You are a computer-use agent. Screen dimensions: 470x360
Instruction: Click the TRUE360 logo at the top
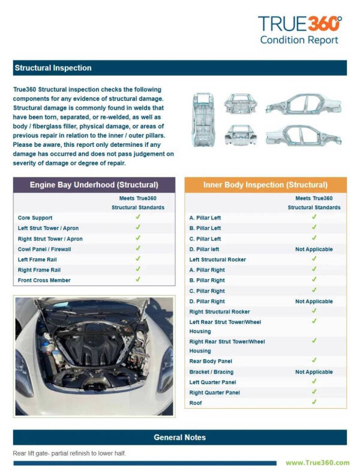299,25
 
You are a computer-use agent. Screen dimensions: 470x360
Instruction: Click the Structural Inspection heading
53,68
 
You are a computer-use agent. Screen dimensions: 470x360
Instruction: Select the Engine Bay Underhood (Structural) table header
94,185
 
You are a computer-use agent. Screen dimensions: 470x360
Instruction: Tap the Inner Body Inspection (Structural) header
265,185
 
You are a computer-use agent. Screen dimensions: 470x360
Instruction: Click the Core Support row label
35,218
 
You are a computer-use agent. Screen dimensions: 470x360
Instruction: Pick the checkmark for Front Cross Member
137,279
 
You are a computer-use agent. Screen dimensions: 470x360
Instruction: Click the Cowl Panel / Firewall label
44,249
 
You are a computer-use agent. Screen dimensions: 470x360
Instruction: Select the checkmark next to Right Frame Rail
137,269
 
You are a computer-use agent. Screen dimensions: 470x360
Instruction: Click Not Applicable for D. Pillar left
313,249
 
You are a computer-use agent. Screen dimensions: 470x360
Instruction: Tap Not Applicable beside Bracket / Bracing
313,372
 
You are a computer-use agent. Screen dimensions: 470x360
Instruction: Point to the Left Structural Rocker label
217,260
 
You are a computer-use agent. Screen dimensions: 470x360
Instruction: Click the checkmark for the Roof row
313,402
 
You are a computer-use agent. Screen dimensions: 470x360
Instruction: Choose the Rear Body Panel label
211,361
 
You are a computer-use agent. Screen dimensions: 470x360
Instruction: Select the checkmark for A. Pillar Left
313,217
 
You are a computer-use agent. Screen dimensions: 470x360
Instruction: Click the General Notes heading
179,437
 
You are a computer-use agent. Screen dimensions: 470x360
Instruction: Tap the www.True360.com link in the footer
317,462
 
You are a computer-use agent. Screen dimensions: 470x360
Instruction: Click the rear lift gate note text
70,453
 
